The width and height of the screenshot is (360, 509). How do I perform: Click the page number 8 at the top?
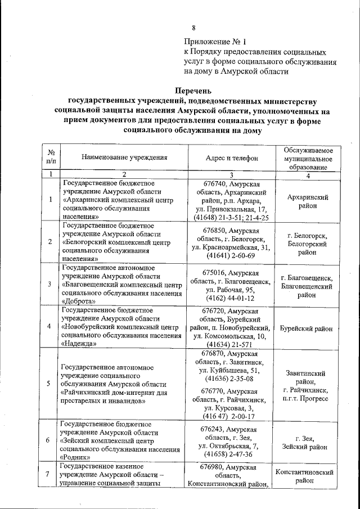(x=194, y=28)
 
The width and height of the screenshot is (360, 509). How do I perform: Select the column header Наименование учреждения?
(x=124, y=158)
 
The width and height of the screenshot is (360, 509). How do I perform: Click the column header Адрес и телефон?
(x=232, y=159)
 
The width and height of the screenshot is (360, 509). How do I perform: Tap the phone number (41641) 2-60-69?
(x=232, y=256)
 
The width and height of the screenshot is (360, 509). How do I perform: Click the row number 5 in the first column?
(x=51, y=385)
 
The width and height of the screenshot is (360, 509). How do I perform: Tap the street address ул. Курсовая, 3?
(x=232, y=407)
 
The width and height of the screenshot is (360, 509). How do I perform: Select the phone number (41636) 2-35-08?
(x=232, y=380)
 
